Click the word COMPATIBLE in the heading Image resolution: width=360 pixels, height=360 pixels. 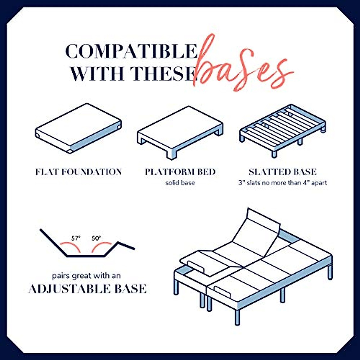131,52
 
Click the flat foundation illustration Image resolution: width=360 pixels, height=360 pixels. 78,128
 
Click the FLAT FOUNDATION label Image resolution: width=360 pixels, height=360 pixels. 79,172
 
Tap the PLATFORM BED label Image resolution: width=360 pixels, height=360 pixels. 180,172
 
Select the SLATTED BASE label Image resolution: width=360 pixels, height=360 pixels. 283,172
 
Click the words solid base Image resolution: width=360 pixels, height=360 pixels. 180,183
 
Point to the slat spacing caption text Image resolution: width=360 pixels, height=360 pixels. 283,183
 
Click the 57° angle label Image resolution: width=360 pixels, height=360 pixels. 76,238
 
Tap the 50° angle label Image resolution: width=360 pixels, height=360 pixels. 96,238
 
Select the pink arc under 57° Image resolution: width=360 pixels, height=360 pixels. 71,247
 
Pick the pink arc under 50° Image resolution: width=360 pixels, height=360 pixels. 101,247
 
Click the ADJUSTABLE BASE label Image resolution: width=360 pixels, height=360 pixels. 87,289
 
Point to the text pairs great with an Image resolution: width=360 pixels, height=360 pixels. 86,275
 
